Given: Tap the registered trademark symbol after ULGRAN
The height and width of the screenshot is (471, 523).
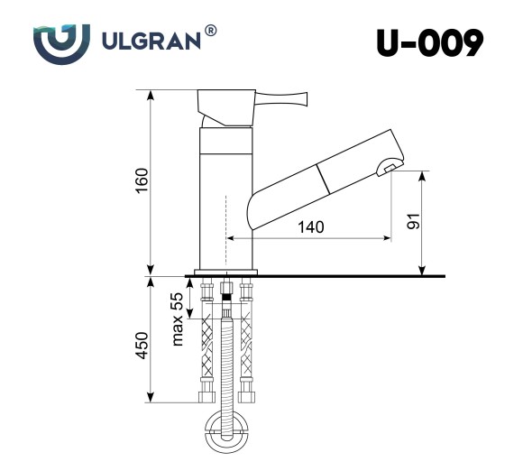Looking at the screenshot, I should [210, 32].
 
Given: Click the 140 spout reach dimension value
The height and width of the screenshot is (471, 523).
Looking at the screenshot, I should [309, 227].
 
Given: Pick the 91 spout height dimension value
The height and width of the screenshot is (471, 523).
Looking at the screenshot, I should [413, 222].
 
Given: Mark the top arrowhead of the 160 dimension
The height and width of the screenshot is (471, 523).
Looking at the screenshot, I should [150, 94].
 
